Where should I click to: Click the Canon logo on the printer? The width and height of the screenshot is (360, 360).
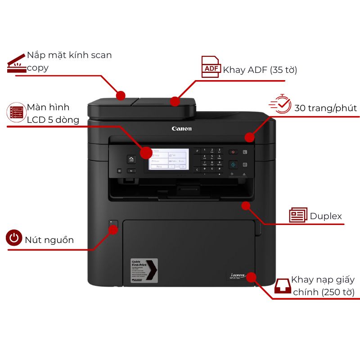point(182,129)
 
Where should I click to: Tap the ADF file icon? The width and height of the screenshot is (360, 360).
point(210,67)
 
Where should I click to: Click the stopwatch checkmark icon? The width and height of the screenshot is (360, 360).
point(280,104)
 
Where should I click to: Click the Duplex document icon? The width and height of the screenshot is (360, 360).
point(298,215)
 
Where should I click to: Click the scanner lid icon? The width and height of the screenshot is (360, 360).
point(17,64)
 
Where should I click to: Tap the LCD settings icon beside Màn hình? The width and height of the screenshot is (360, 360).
point(16,112)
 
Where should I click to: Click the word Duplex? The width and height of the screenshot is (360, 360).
point(326,216)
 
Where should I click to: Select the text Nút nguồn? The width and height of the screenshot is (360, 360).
point(49,239)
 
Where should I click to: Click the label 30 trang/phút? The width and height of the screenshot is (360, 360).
point(325,108)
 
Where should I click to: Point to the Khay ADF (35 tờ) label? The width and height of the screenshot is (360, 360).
point(260,70)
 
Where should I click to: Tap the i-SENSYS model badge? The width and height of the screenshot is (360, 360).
point(238,275)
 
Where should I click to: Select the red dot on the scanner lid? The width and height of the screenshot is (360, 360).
point(121,95)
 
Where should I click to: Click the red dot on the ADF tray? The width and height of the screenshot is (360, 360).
point(175,101)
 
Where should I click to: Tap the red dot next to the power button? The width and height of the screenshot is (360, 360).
point(113,230)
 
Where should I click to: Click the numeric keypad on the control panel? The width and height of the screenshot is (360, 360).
point(212,159)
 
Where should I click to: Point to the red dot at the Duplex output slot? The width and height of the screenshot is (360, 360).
point(245,206)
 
